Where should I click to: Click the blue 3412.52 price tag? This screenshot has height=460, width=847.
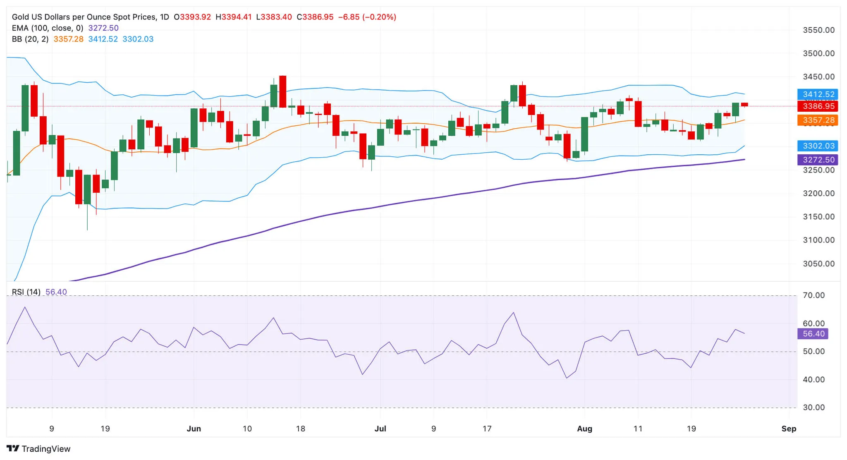click(818, 94)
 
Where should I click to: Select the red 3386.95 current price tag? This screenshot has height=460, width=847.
click(818, 106)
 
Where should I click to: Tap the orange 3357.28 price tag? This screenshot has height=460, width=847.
click(818, 120)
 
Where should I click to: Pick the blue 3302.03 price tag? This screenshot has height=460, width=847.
click(818, 146)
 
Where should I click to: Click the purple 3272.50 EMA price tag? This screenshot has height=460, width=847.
click(818, 160)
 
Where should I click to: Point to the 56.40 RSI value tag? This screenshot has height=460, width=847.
click(813, 334)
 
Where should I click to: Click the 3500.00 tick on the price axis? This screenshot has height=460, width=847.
click(818, 53)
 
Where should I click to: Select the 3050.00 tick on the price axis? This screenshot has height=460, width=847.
click(818, 264)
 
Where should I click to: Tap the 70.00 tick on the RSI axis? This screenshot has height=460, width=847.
click(814, 295)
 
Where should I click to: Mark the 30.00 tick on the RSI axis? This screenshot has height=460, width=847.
click(814, 407)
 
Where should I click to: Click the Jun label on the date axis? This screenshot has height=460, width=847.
click(194, 429)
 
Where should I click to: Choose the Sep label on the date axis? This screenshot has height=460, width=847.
click(789, 429)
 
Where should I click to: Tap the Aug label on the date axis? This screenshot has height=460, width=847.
click(584, 429)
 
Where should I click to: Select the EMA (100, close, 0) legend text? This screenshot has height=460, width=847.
click(48, 28)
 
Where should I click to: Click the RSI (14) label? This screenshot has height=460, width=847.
click(26, 292)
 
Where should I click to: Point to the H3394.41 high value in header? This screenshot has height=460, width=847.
click(234, 17)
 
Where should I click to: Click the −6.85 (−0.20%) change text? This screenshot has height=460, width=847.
click(367, 17)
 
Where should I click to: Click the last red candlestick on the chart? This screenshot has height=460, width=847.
click(744, 105)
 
